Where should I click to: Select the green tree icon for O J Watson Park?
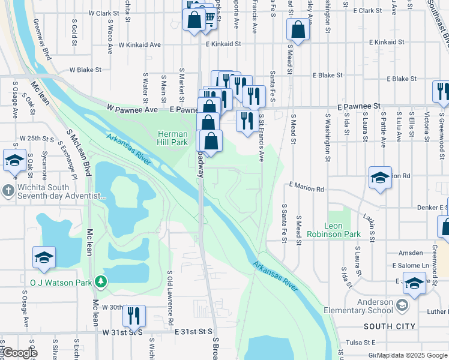click(102, 281)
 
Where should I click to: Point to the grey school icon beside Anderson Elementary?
click(402, 306)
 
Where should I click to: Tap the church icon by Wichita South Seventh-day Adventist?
click(7, 191)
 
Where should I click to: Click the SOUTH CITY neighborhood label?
click(389, 326)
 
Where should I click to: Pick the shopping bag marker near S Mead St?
click(298, 29)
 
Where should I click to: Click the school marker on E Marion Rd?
click(380, 178)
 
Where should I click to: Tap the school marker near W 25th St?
click(14, 160)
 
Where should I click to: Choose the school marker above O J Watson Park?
click(44, 257)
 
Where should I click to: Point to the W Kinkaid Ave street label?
click(139, 44)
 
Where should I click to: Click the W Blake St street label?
click(83, 70)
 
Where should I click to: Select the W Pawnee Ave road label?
click(132, 110)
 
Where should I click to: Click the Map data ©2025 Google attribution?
click(412, 355)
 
